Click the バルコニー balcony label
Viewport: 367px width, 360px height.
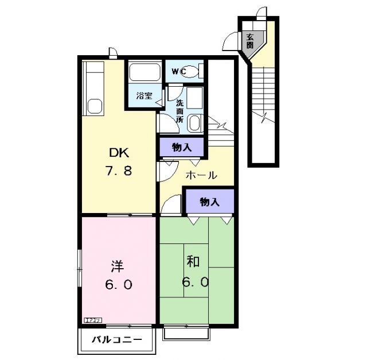click(116, 340)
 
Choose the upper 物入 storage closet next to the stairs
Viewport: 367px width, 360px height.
click(181, 148)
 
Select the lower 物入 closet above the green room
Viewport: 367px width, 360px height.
click(209, 202)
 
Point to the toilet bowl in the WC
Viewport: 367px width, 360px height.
click(194, 72)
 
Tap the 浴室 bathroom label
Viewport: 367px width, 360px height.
click(144, 96)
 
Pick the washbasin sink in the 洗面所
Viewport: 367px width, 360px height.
click(194, 122)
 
